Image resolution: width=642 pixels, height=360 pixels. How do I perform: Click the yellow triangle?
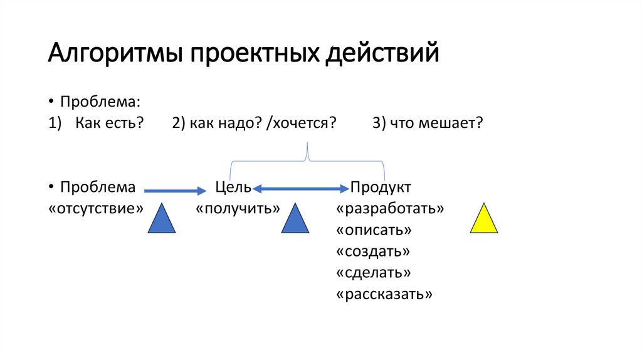[x=484, y=220]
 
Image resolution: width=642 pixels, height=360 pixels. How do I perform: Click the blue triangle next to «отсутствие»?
[x=162, y=220]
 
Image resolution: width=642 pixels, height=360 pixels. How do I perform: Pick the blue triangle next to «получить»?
[x=295, y=220]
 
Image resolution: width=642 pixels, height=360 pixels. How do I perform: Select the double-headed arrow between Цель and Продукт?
[x=301, y=188]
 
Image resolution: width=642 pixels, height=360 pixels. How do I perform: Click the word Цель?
[x=233, y=187]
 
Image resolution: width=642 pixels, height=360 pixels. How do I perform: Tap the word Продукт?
[x=381, y=187]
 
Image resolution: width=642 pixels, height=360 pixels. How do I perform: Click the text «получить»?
[x=238, y=208]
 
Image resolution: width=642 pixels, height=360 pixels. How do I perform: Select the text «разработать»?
[x=390, y=208]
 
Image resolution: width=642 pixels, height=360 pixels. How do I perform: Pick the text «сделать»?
[x=374, y=273]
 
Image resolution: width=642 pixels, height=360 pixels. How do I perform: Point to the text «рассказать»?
[x=384, y=294]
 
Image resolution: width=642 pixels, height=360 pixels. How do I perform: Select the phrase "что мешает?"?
[x=435, y=123]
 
